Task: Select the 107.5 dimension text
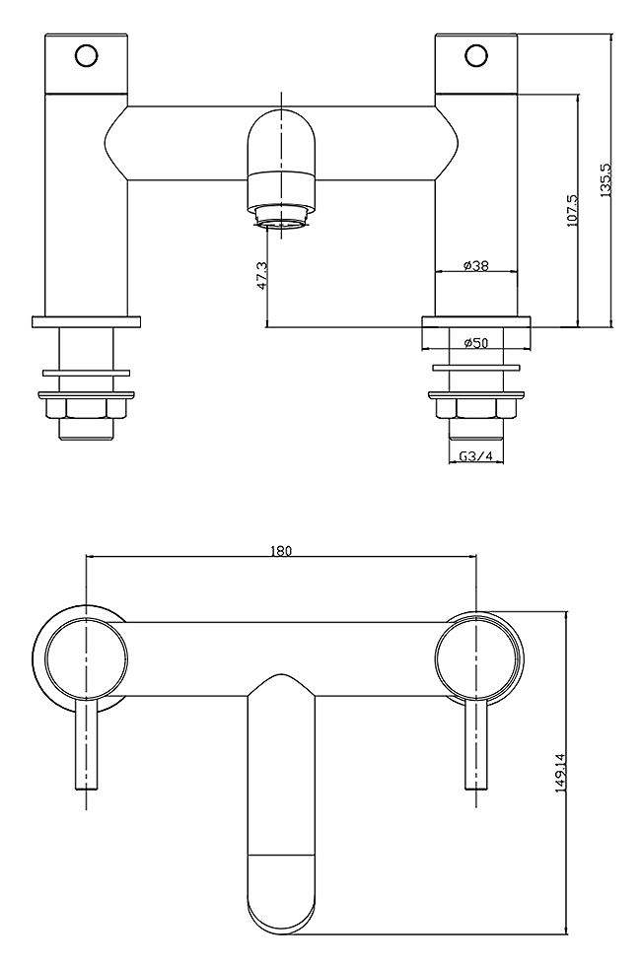572,211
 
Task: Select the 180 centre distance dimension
281,550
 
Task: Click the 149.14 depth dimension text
560,773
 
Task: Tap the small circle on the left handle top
87,54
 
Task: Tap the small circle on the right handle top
476,54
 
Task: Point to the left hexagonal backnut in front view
86,407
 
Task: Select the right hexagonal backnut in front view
476,407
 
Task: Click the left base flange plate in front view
86,321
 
